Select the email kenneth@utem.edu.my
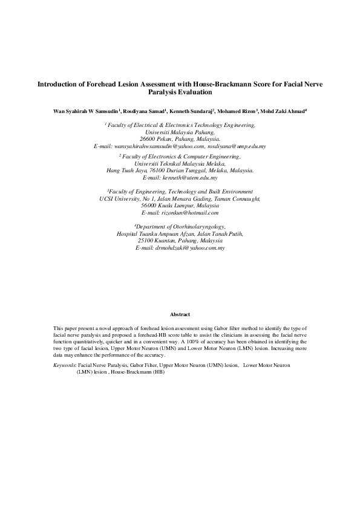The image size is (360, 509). click(x=180, y=178)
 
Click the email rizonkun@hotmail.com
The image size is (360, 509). click(x=180, y=213)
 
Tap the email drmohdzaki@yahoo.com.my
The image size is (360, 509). click(x=180, y=247)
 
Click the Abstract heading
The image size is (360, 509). click(x=180, y=315)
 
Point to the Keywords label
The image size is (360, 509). click(x=65, y=366)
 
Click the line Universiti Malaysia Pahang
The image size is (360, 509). click(x=180, y=131)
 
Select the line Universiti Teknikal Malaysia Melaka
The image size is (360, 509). click(x=180, y=163)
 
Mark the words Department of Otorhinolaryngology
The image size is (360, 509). click(x=180, y=227)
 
